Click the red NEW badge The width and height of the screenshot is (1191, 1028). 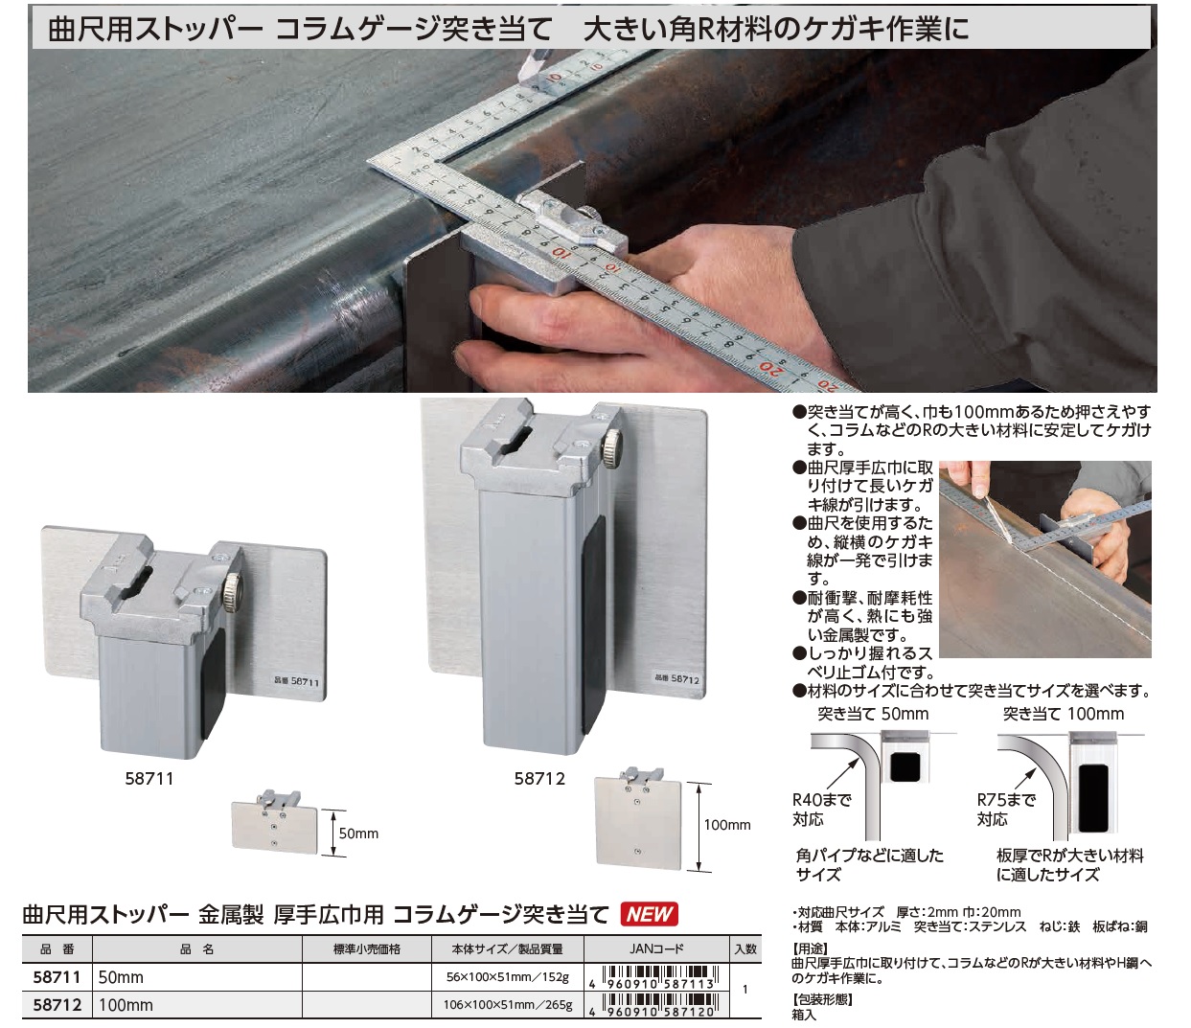click(650, 914)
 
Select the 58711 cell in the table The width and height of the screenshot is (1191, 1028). click(57, 977)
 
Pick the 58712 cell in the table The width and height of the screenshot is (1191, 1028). click(57, 1005)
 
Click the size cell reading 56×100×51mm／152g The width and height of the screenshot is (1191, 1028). click(508, 977)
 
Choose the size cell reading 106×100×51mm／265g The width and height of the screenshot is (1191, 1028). click(508, 1005)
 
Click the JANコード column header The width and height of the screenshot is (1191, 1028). click(656, 949)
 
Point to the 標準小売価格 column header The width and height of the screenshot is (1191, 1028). click(366, 949)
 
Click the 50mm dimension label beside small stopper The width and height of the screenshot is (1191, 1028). click(358, 834)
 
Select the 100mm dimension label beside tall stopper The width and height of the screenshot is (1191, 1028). click(727, 825)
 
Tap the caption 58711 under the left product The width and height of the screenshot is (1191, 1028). click(149, 779)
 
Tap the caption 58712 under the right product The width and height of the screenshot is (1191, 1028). click(539, 779)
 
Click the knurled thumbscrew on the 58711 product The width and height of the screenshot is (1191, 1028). click(233, 592)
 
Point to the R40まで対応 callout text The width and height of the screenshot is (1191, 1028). click(822, 809)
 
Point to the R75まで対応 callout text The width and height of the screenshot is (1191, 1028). click(1006, 809)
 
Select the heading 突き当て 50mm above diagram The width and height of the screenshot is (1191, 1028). click(873, 714)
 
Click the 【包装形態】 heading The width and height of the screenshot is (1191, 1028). click(822, 999)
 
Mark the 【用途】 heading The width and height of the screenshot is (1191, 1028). click(811, 948)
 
